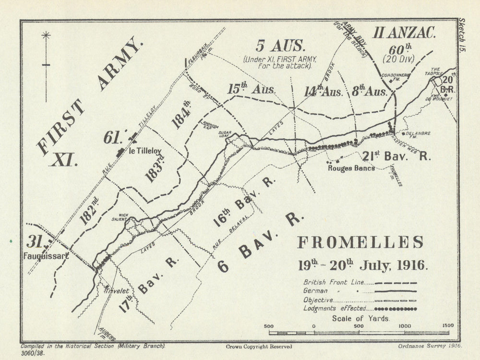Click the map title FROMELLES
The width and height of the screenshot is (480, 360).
click(360, 242)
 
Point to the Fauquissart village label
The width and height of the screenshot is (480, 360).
click(46, 256)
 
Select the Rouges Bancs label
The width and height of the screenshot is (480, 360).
click(351, 168)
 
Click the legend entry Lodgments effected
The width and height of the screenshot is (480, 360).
click(335, 308)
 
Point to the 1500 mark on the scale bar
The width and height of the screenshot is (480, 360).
click(447, 325)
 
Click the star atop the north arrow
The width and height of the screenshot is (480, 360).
click(46, 35)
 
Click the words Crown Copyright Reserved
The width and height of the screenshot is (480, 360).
click(258, 346)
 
